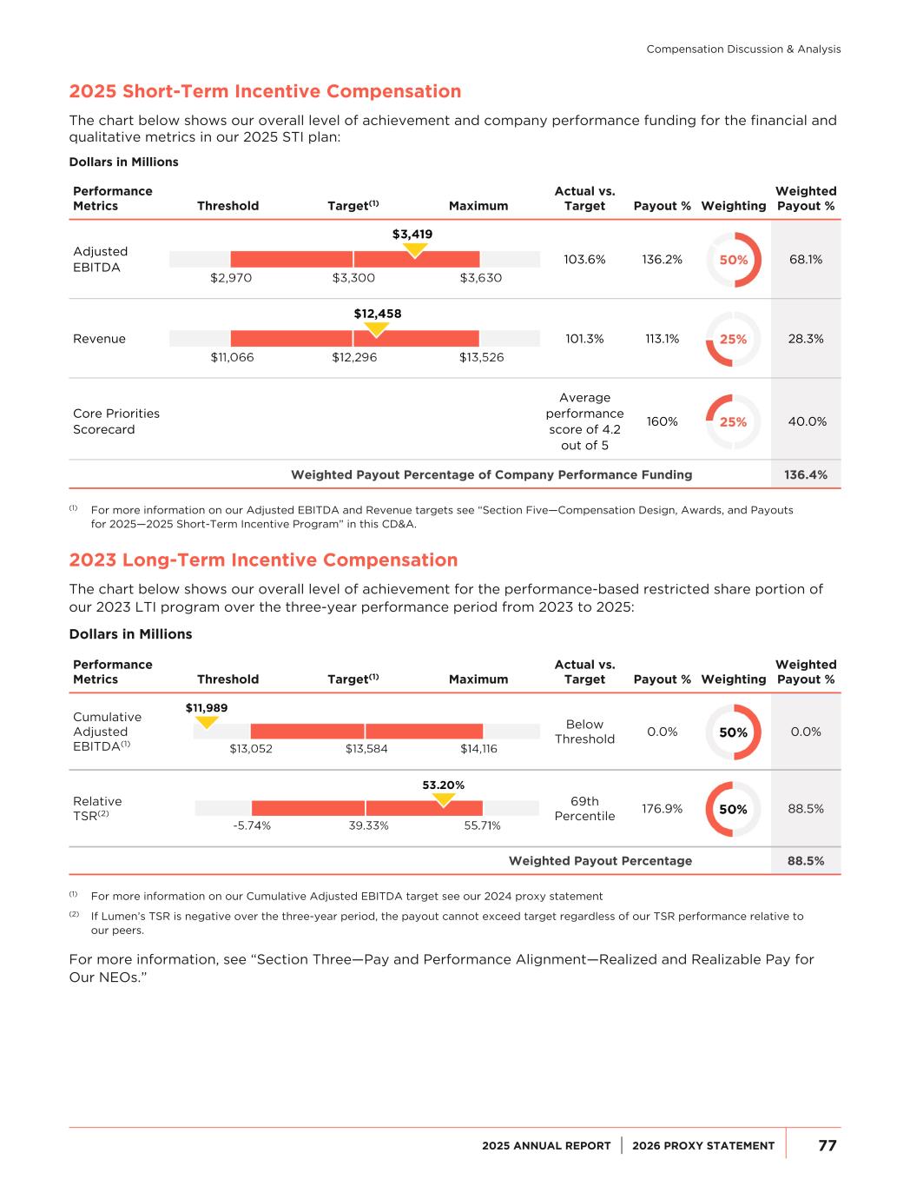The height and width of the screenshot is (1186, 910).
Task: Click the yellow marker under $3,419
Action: pos(416,249)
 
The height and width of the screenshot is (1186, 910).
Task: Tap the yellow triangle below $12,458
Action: pos(376,329)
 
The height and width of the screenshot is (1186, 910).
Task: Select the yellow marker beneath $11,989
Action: pos(207,721)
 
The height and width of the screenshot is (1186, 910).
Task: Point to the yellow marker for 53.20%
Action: pos(444,799)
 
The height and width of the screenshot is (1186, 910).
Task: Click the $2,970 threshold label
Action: pos(231,277)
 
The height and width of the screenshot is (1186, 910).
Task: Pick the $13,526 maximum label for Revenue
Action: pos(481,357)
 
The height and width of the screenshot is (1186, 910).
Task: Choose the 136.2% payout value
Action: pos(662,259)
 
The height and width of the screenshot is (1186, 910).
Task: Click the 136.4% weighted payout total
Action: pos(805,474)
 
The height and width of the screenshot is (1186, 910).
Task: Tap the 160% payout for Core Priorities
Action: pos(662,421)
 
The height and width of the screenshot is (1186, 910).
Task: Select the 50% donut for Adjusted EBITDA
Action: pos(733,260)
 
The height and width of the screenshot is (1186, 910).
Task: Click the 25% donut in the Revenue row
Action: pos(733,339)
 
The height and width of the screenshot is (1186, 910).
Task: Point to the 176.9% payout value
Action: pos(662,809)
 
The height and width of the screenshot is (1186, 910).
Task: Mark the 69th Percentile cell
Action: pos(584,809)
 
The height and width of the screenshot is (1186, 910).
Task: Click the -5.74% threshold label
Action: pos(252,825)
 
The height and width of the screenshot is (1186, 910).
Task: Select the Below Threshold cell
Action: pos(584,732)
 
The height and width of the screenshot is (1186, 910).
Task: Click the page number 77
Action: pos(827,1145)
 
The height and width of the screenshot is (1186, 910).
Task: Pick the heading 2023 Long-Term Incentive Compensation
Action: pos(263,560)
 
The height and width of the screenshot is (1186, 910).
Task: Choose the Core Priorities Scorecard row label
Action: pos(116,421)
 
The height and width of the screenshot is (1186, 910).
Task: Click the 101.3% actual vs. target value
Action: pos(584,339)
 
